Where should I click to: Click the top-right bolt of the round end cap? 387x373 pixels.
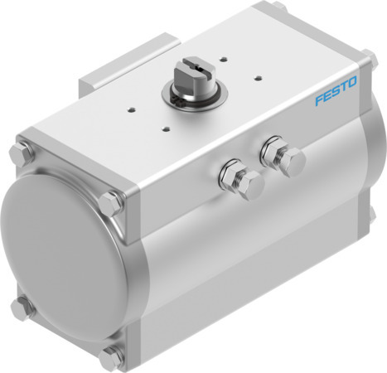pyautogui.click(x=109, y=202)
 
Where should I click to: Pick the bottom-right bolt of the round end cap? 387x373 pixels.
pyautogui.click(x=110, y=358)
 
